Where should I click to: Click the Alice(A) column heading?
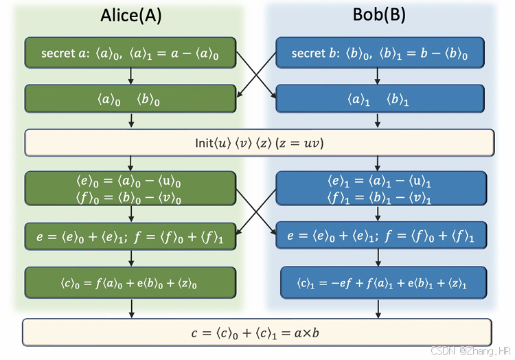coord(130,17)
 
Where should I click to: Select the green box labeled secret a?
coord(130,52)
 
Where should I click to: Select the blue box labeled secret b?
coord(380,52)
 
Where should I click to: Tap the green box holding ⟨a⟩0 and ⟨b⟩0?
coord(130,98)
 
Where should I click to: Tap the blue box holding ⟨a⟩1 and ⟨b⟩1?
coord(380,98)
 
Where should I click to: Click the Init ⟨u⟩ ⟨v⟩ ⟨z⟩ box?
coord(260,143)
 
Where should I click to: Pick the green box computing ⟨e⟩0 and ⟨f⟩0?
coord(130,189)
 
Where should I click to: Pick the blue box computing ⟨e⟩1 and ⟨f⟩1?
coord(380,189)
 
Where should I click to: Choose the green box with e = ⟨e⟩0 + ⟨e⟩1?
coord(130,236)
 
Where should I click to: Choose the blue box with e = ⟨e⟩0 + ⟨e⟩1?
coord(380,236)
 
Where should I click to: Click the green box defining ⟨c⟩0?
coord(130,282)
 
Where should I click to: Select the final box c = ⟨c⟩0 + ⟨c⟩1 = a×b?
coord(257,333)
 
